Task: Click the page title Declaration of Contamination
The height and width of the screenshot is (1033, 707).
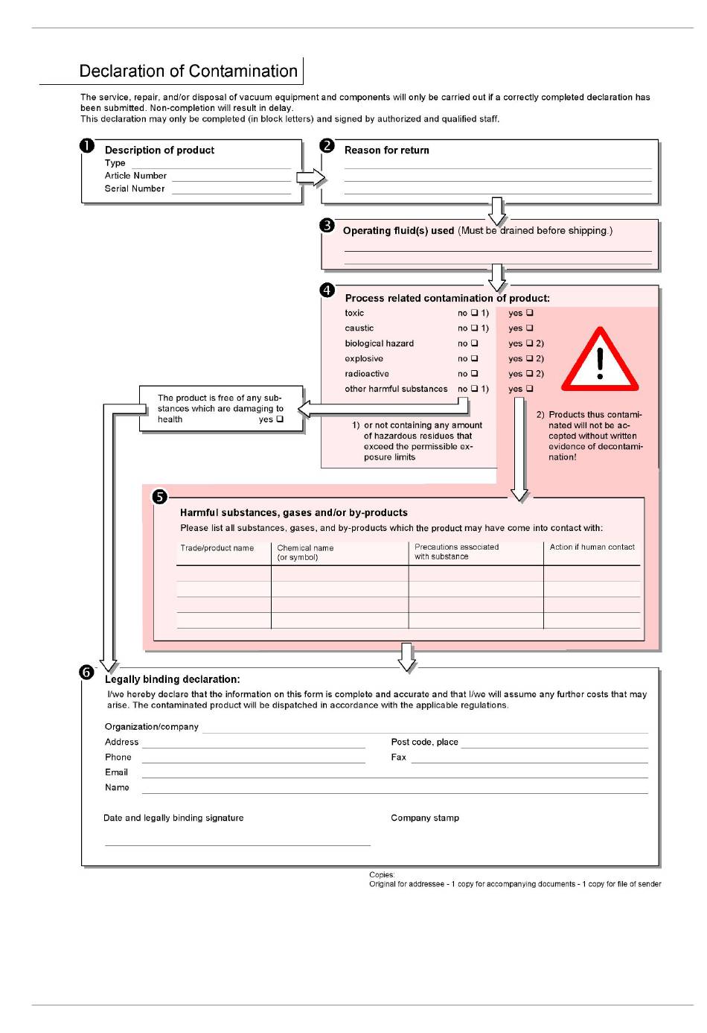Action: tap(188, 71)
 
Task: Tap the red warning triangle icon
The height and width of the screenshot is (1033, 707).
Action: tap(600, 361)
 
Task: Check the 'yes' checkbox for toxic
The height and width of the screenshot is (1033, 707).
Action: tap(530, 313)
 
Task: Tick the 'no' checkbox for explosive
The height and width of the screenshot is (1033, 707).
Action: tap(474, 358)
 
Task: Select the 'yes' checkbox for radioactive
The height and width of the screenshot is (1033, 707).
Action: tap(530, 374)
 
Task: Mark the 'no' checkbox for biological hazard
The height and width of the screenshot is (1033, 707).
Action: tap(474, 343)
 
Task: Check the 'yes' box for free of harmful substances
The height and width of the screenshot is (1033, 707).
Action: tap(280, 419)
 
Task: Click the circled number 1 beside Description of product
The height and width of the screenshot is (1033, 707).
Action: tap(87, 146)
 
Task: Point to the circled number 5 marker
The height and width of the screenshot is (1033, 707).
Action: tap(159, 497)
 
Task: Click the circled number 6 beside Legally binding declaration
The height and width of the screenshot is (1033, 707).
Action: tap(87, 673)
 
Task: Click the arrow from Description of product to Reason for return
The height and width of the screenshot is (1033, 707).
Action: tap(311, 177)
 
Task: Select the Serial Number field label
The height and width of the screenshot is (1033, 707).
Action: tap(135, 189)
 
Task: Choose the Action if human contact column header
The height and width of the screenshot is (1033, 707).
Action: tap(592, 547)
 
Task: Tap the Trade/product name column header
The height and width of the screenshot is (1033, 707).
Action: tap(217, 548)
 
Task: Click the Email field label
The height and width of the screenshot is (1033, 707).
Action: tap(116, 772)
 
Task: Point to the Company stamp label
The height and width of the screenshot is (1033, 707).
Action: tap(425, 818)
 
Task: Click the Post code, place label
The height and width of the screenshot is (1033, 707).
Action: tap(424, 742)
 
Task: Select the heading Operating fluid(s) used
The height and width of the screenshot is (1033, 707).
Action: tap(398, 231)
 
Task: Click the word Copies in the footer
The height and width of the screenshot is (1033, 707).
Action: tap(382, 875)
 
